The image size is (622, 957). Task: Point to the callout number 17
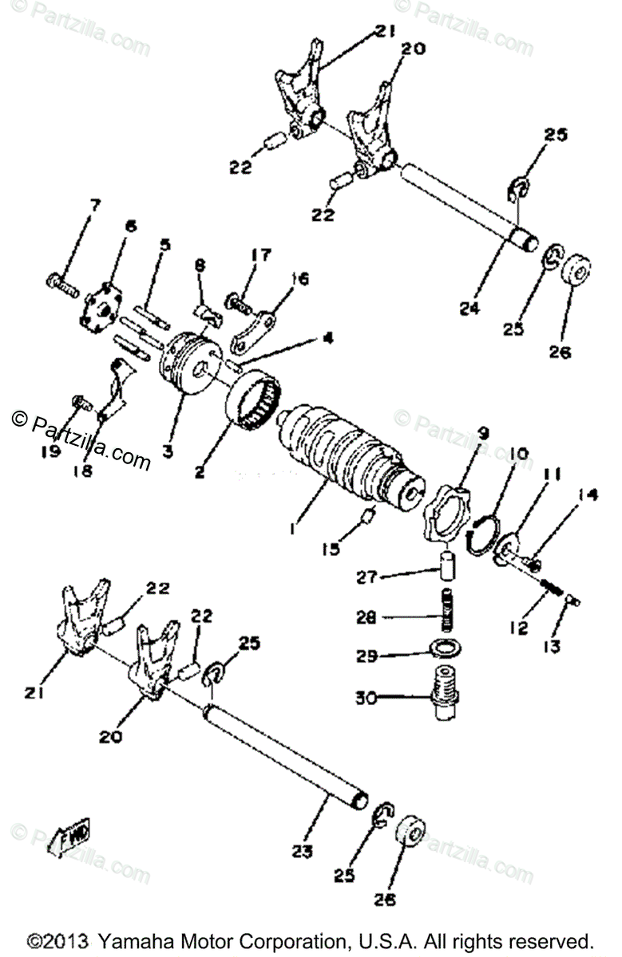[261, 254]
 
